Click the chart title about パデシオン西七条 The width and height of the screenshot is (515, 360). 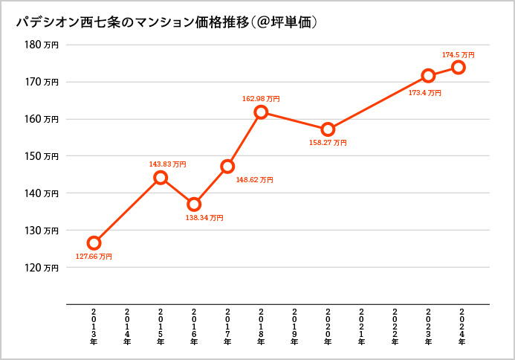(x=167, y=23)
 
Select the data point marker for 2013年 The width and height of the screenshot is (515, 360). (x=94, y=243)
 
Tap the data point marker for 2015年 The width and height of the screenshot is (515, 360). (x=161, y=178)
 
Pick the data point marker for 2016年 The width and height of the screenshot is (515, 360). (x=194, y=204)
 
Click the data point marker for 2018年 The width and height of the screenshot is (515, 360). (x=261, y=112)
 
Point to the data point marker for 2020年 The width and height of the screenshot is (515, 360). (x=328, y=129)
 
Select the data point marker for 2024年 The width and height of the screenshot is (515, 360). (x=459, y=68)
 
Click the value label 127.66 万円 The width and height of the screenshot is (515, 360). (x=94, y=257)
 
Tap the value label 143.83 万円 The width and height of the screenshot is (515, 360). (x=168, y=164)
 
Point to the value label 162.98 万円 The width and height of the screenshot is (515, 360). (x=261, y=98)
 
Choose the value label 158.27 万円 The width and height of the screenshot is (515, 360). (x=328, y=142)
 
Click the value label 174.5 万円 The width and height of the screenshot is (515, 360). (x=458, y=55)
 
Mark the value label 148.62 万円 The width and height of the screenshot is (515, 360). (x=254, y=180)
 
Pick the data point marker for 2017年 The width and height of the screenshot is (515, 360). (x=227, y=167)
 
